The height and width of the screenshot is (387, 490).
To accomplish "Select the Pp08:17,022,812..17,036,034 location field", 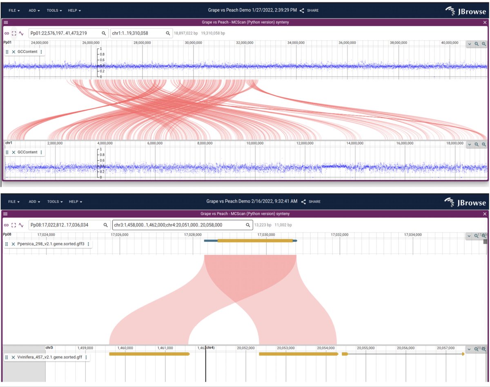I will coord(65,225).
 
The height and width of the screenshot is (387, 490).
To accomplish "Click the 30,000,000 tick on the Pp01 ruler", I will coord(192,42).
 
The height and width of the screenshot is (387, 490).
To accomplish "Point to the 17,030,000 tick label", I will coord(266,235).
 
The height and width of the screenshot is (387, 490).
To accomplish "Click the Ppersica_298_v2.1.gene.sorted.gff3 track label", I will coord(51,244).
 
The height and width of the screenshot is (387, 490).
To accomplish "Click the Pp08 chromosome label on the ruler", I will coord(7,234).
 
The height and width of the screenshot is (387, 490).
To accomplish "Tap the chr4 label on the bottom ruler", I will coord(210,348).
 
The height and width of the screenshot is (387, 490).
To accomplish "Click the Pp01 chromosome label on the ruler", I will coord(7,42).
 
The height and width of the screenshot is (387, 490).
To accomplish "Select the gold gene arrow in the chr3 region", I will coord(149,354).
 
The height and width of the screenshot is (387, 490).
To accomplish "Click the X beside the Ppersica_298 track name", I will coord(13,244).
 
